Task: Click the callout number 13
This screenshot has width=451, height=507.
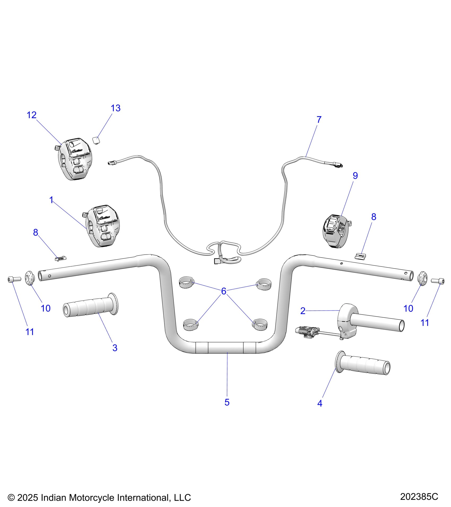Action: pyautogui.click(x=115, y=108)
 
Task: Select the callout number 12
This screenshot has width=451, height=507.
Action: pyautogui.click(x=32, y=115)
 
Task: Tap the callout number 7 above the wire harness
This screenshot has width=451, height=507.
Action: pyautogui.click(x=319, y=120)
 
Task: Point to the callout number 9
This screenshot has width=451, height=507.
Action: pyautogui.click(x=355, y=176)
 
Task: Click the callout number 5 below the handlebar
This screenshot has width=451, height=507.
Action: pyautogui.click(x=227, y=402)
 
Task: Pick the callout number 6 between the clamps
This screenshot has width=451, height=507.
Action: pyautogui.click(x=224, y=291)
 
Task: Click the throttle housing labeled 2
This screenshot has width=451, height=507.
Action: pyautogui.click(x=348, y=318)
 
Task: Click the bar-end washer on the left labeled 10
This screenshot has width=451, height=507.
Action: pyautogui.click(x=30, y=278)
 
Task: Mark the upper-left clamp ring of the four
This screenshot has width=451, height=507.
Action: pyautogui.click(x=187, y=282)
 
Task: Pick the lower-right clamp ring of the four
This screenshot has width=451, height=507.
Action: pyautogui.click(x=259, y=324)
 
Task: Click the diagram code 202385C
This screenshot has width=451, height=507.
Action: pyautogui.click(x=419, y=496)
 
